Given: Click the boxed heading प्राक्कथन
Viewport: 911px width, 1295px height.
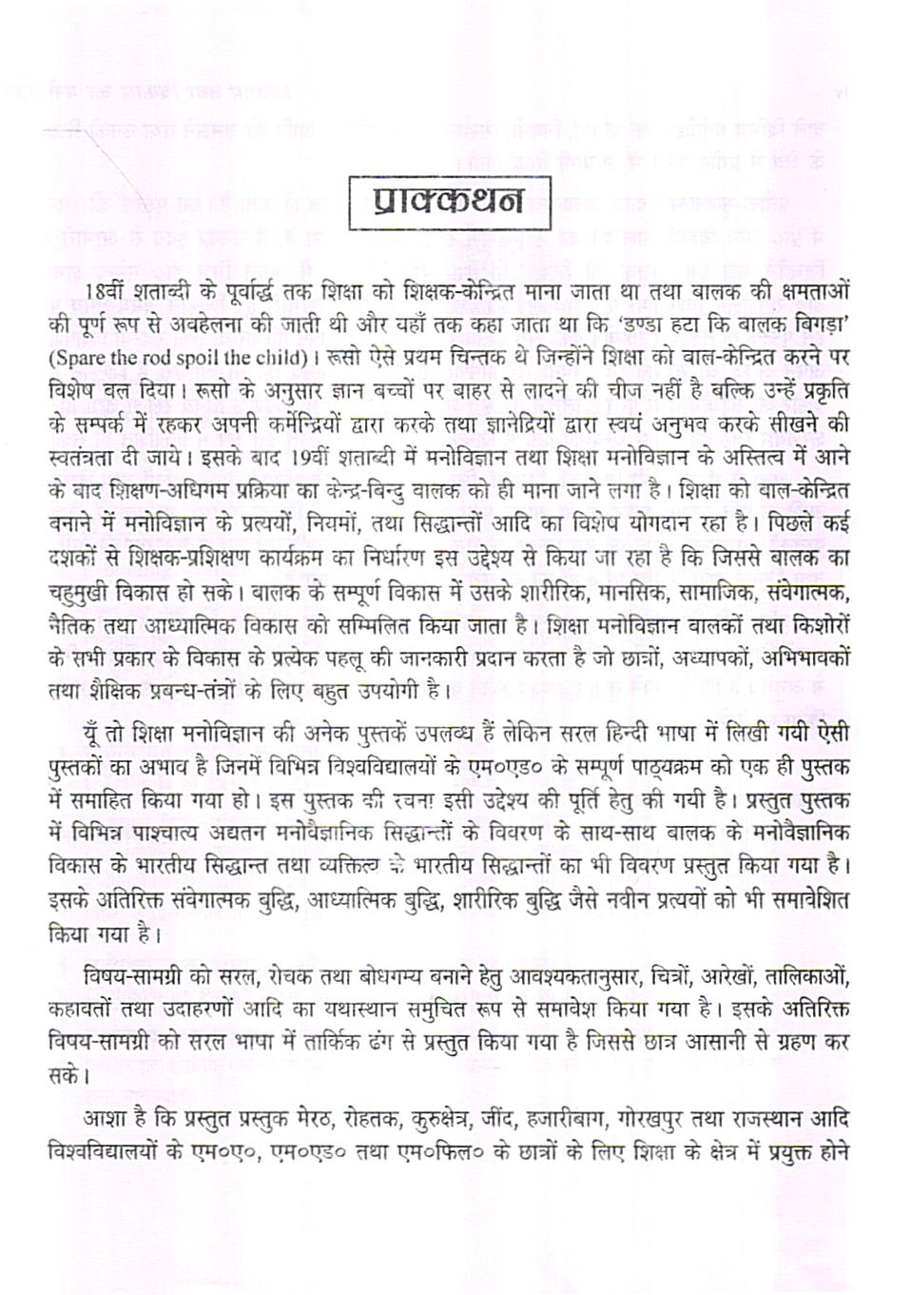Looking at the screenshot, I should coord(450,203).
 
